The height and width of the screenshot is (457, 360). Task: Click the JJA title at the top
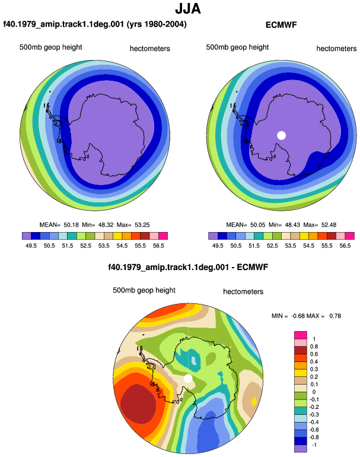click(188, 9)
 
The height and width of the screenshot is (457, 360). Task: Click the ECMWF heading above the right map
click(281, 25)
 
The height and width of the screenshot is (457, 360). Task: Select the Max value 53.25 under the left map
click(142, 225)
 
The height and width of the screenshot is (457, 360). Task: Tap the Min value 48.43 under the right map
click(292, 225)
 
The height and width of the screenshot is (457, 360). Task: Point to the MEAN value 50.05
click(258, 225)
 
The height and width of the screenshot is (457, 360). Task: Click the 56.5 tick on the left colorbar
click(158, 246)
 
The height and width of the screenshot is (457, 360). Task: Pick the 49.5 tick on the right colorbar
click(218, 246)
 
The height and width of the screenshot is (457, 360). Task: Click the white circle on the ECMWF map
click(281, 135)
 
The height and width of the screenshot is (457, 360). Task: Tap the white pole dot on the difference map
click(188, 379)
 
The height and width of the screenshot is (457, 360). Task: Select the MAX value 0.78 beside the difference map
click(335, 316)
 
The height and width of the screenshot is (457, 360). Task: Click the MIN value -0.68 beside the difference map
click(298, 316)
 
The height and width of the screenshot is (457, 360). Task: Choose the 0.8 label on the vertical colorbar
click(314, 346)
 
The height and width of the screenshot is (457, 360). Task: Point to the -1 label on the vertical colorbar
click(314, 445)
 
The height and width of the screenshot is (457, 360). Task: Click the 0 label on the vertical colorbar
click(314, 392)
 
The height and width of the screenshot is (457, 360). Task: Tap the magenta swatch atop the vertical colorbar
click(301, 335)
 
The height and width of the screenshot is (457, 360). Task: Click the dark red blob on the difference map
click(138, 404)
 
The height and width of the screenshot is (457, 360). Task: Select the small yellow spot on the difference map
click(254, 402)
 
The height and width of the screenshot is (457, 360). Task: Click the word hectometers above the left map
click(149, 49)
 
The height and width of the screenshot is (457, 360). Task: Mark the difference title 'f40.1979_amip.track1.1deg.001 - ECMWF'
click(188, 267)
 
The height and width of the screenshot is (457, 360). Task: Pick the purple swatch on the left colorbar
click(27, 236)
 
